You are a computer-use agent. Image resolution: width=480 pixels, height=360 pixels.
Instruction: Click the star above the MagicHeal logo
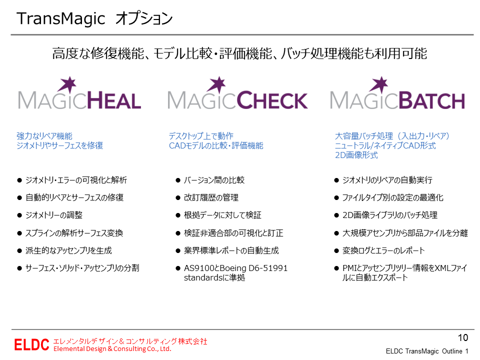(68, 83)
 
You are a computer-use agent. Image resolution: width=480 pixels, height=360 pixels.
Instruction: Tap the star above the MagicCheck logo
(218, 83)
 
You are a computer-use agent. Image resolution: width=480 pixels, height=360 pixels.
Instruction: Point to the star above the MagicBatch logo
(380, 83)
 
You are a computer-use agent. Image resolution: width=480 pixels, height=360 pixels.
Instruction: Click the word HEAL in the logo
(114, 101)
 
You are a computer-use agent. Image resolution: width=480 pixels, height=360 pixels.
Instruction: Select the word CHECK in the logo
(272, 100)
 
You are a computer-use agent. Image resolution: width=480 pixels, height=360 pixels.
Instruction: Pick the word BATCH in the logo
(432, 100)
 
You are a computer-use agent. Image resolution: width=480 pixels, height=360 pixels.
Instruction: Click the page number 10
(463, 337)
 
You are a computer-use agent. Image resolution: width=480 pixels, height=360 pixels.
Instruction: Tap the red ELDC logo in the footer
(31, 344)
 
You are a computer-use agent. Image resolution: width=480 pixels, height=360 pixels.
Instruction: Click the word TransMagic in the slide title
(61, 18)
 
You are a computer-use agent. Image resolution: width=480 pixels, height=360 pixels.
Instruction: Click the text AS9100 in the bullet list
(199, 268)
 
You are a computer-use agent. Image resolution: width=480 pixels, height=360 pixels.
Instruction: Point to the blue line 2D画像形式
(356, 155)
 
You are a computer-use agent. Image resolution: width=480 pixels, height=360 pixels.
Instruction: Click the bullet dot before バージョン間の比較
(178, 180)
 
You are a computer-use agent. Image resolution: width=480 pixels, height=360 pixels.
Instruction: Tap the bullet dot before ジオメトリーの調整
(19, 215)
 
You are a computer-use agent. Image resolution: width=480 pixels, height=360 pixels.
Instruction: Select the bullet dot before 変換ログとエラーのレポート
(336, 251)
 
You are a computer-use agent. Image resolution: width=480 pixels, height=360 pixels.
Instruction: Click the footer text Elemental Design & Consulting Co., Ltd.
(112, 349)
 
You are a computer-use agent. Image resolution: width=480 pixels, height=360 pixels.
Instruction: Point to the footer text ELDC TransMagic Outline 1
(427, 351)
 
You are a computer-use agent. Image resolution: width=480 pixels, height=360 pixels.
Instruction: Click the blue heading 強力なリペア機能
(44, 136)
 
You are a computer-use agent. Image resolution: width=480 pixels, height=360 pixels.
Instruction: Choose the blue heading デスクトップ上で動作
(201, 136)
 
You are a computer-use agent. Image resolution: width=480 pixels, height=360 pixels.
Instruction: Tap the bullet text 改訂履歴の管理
(211, 198)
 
